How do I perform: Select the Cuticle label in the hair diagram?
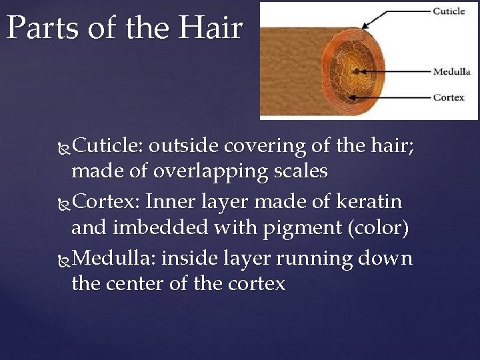click(449, 11)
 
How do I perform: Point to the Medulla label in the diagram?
click(451, 71)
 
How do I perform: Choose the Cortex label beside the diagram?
click(449, 97)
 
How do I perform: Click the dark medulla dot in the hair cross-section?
click(358, 71)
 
